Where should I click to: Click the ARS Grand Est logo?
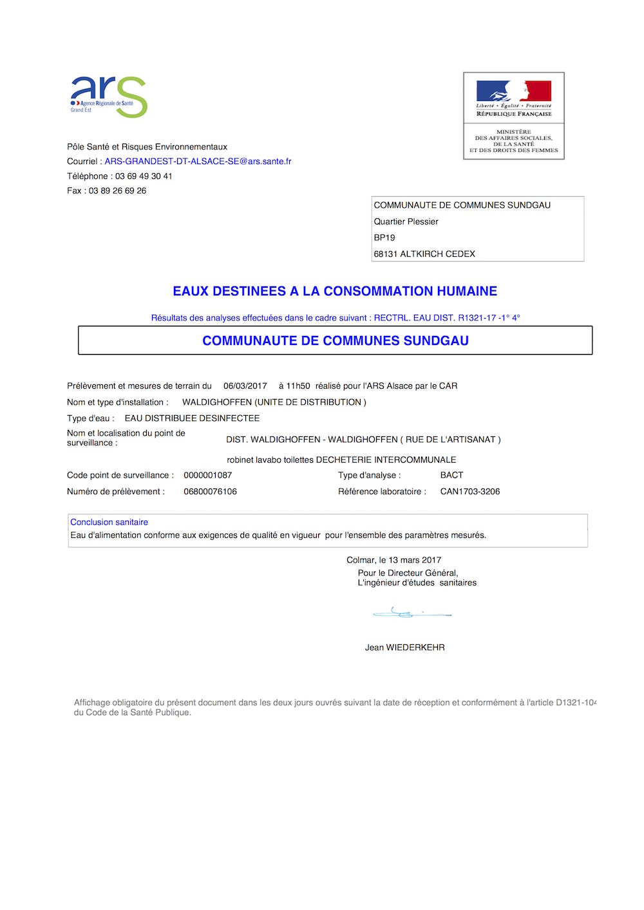click(x=108, y=97)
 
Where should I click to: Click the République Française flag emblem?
click(x=513, y=91)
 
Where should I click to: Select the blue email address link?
click(x=198, y=162)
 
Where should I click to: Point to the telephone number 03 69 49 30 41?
click(x=144, y=176)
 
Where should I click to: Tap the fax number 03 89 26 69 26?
click(x=117, y=191)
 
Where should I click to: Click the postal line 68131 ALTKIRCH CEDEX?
click(x=424, y=254)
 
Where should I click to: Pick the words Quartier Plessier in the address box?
click(x=406, y=221)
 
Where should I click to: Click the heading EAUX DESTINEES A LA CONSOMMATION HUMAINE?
click(x=335, y=292)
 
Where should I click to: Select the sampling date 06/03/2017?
click(x=245, y=386)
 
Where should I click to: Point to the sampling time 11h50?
click(x=298, y=386)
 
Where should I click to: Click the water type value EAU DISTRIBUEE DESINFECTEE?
click(x=192, y=418)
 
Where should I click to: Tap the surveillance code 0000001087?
click(x=207, y=476)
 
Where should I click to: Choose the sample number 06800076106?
click(x=210, y=492)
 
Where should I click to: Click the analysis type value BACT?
click(x=451, y=476)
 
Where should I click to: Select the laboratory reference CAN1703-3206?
click(x=469, y=492)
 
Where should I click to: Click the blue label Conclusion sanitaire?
click(x=109, y=523)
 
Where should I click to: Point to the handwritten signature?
click(x=411, y=613)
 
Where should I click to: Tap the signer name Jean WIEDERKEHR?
click(x=404, y=647)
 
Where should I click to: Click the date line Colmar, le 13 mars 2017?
click(x=393, y=560)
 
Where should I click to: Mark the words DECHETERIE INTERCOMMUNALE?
click(x=386, y=460)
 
